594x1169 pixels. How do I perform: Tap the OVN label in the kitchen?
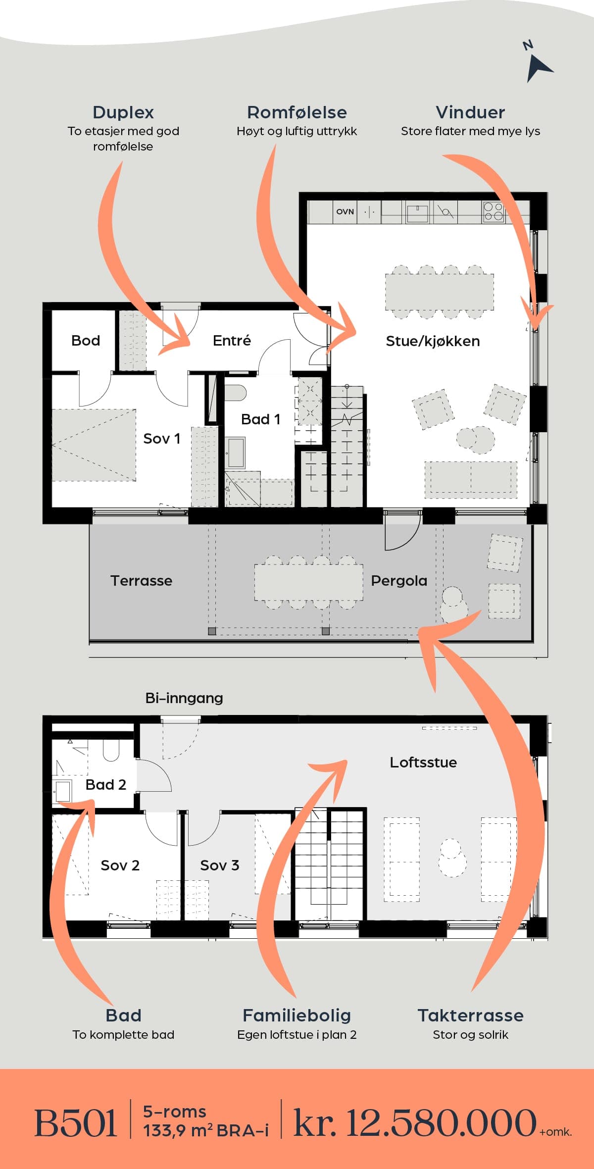pos(345,211)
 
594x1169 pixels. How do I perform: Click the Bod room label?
pos(86,341)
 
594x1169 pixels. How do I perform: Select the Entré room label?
pos(232,340)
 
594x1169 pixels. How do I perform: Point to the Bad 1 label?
pos(260,419)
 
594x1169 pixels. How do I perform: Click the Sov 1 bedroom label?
pos(161,439)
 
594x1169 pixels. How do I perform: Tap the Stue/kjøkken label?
pos(433,341)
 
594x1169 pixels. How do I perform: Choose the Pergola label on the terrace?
pos(399,581)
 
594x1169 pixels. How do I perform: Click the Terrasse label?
pos(141,581)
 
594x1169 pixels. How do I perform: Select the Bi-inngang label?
pos(184,698)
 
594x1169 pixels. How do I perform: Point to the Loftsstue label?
pos(423,762)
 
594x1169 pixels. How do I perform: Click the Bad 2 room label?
pos(105,784)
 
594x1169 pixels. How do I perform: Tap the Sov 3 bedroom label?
pos(219,865)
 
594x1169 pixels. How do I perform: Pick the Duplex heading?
pos(123,113)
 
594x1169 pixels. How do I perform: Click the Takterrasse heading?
pos(470,1015)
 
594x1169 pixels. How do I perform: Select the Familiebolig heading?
pos(297,1015)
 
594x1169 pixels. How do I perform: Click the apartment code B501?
pos(75,1122)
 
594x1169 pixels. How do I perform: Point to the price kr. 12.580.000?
pos(415,1122)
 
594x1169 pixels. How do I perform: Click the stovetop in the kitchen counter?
pos(493,211)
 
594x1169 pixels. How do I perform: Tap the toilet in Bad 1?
pos(236,393)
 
